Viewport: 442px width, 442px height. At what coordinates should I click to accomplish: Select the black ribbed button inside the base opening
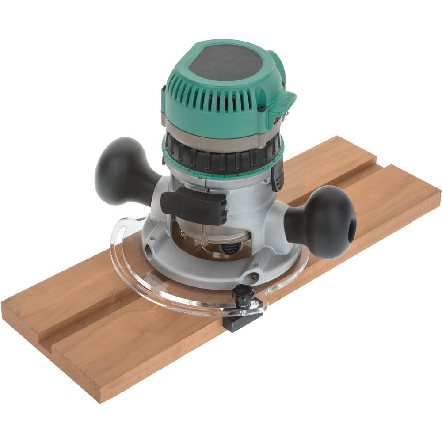pyautogui.click(x=229, y=248)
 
